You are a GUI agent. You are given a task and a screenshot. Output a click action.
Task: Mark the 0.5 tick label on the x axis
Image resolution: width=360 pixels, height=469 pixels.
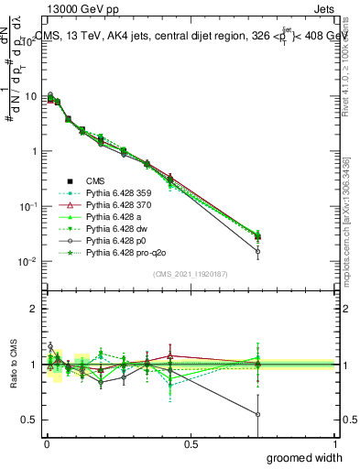[x=191, y=443]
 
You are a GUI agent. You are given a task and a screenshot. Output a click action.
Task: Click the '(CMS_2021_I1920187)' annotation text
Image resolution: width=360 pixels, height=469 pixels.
[x=191, y=272]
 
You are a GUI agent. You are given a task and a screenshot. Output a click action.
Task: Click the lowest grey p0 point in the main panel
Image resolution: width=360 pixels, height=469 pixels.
[x=258, y=251]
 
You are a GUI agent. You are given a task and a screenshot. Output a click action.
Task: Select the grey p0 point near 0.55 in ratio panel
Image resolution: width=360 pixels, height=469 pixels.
[x=258, y=414]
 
